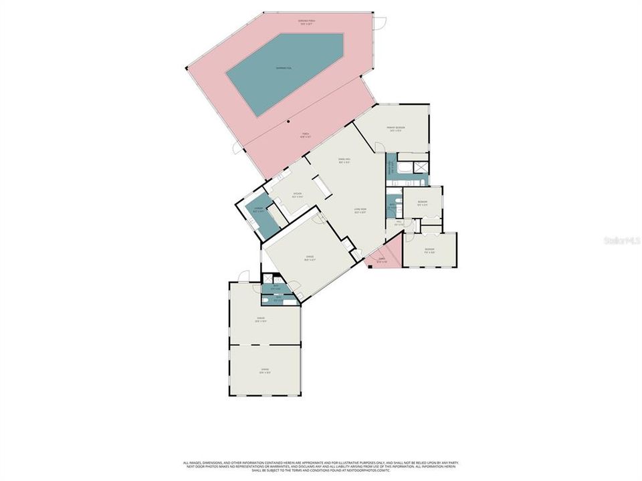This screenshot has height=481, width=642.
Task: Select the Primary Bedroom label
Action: [x=396, y=128]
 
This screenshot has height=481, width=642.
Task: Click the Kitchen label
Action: [x=297, y=196]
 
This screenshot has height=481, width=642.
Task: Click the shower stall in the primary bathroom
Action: [x=421, y=168]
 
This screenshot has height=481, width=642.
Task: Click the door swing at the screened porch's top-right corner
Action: [x=380, y=23]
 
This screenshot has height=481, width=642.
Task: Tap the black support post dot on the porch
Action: [x=288, y=122]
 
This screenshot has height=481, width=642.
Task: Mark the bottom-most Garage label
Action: [x=265, y=371]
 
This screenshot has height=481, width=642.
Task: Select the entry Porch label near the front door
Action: [x=382, y=260]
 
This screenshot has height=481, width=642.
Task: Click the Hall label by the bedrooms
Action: [x=399, y=223]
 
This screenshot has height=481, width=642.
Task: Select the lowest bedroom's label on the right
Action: [x=429, y=251]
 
